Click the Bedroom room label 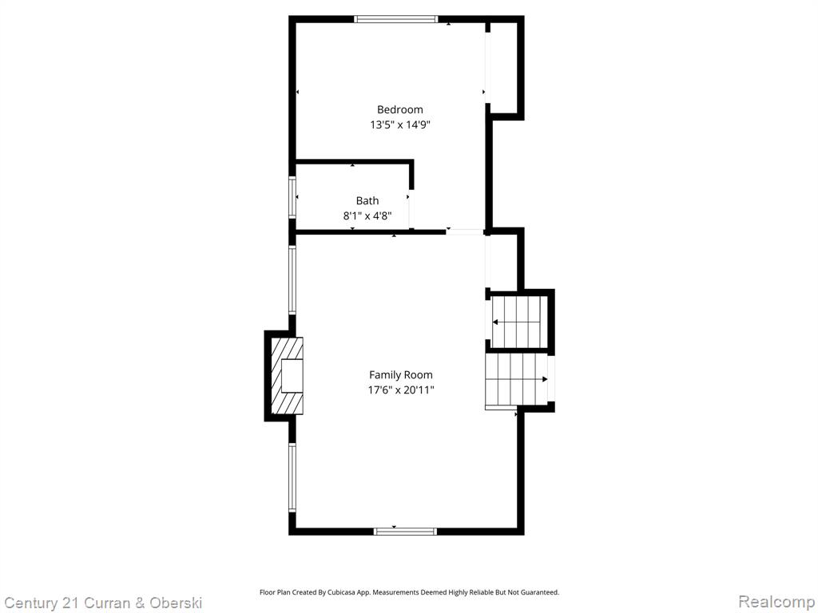(x=399, y=109)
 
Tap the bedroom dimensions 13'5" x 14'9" (x=399, y=125)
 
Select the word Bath (x=367, y=200)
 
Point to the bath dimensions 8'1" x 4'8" (x=367, y=216)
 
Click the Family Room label (x=401, y=375)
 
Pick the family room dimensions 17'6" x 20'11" (x=401, y=390)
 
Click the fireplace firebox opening (x=292, y=375)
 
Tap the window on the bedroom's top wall (x=395, y=19)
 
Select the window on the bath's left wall (x=292, y=197)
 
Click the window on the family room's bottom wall (x=405, y=531)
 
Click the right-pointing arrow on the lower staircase (x=517, y=379)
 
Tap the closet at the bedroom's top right (x=504, y=68)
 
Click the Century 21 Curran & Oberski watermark (x=103, y=603)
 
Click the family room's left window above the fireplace (x=292, y=280)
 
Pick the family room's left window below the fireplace (x=292, y=477)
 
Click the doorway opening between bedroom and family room (x=466, y=232)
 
